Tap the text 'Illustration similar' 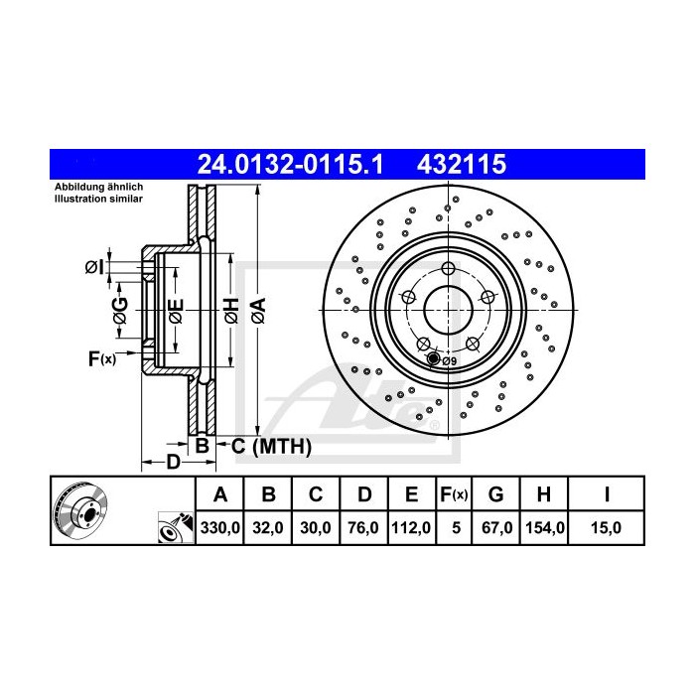click(99, 200)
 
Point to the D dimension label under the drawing click(172, 462)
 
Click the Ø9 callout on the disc click(448, 361)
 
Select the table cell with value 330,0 click(221, 528)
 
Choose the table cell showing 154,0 click(544, 528)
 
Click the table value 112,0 click(410, 528)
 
